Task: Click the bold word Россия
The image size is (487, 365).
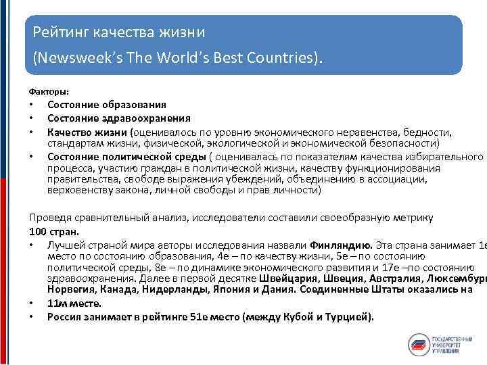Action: (x=66, y=316)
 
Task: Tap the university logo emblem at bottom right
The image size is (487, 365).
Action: (x=420, y=345)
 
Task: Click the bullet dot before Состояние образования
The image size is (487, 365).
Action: (x=32, y=105)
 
